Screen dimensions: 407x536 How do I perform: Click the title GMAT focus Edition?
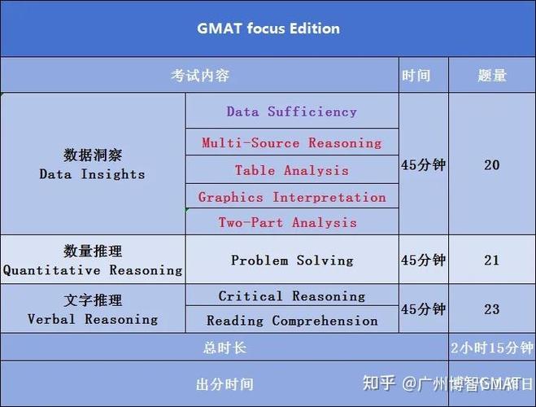268,28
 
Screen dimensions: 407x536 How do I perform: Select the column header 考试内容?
199,76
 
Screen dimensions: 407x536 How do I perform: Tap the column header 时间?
416,76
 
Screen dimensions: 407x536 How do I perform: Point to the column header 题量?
491,76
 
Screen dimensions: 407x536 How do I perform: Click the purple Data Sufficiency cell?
291,112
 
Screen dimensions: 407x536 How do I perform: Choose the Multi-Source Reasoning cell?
291,142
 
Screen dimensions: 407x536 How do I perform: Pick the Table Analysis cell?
291,170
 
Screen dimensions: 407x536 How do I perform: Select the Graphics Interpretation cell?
291,197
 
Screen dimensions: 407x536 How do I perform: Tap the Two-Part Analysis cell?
287,222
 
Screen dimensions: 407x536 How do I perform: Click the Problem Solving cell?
292,260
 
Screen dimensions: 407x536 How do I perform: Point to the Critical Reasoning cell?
292,296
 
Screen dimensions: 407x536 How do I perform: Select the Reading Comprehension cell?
292,321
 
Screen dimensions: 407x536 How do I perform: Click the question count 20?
491,165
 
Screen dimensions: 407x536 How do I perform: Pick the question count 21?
491,260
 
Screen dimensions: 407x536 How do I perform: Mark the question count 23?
491,309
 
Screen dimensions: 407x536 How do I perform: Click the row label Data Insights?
92,164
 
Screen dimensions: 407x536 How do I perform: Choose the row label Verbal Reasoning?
92,310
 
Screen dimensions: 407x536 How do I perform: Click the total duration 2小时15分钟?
492,348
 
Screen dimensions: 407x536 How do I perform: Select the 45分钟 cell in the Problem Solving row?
423,260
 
